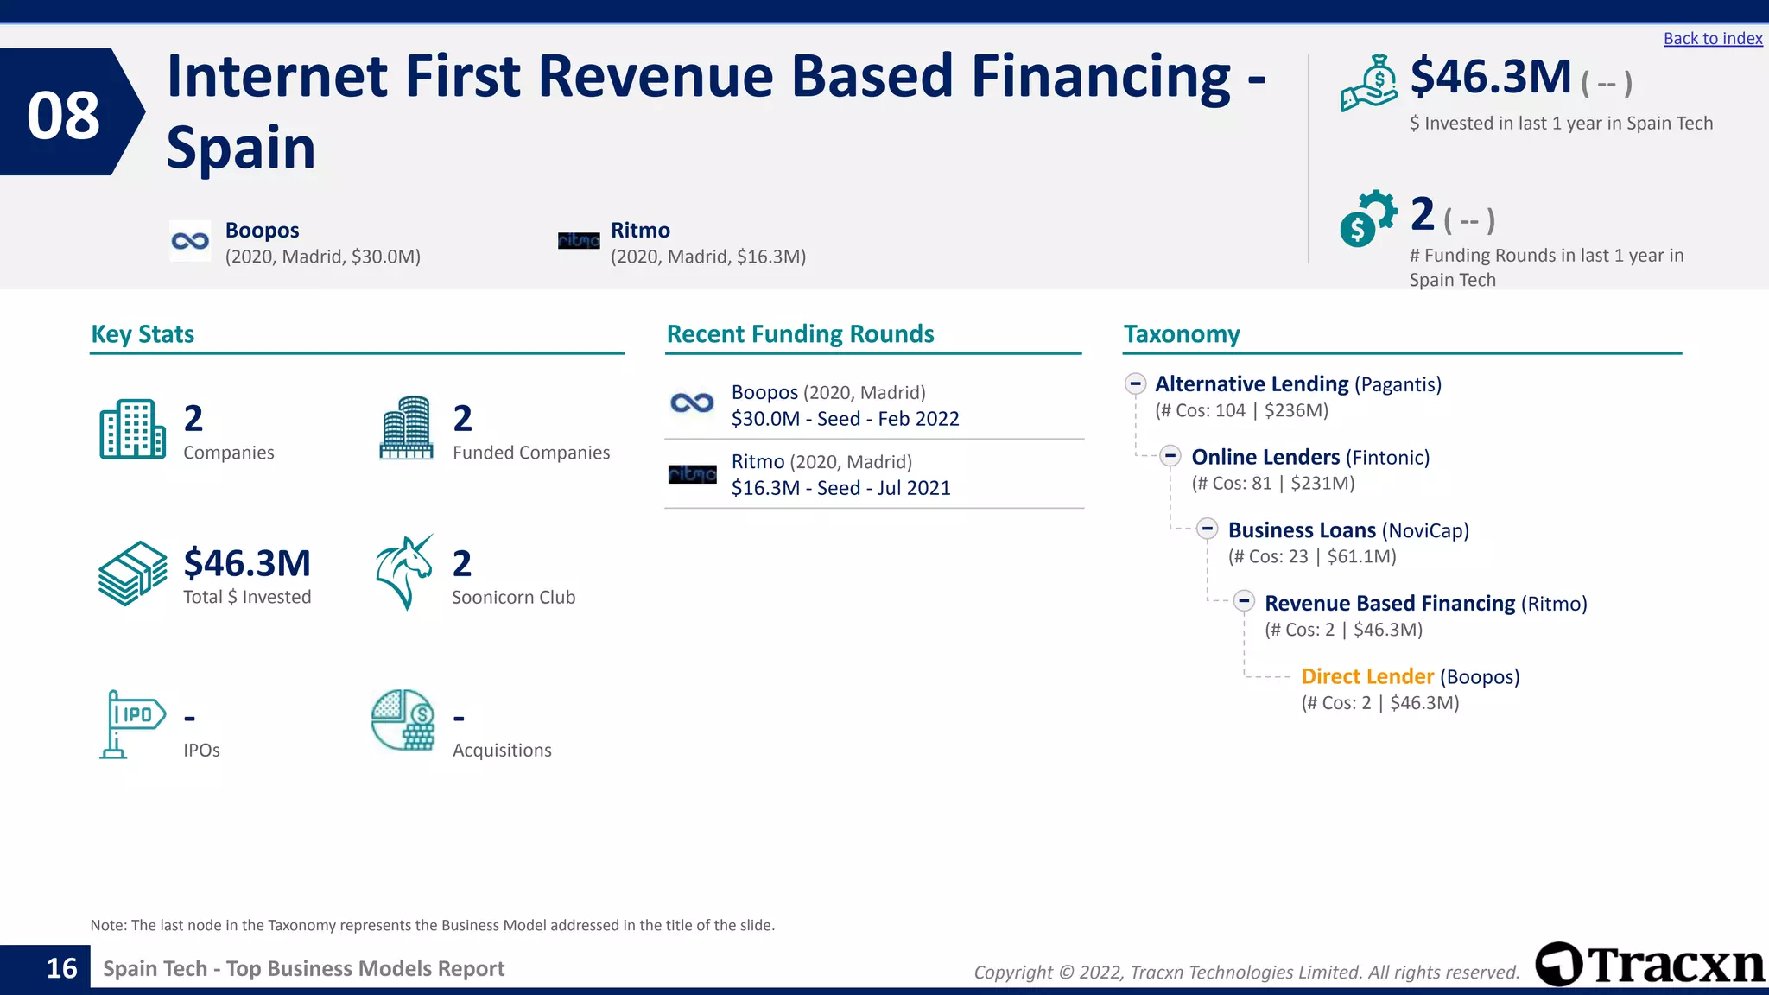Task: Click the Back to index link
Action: click(1712, 39)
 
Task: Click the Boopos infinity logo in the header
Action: click(190, 241)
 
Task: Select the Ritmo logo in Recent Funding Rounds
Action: click(692, 474)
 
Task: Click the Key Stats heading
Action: click(143, 334)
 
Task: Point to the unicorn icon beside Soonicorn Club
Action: click(404, 572)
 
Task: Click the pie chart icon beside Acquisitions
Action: click(403, 719)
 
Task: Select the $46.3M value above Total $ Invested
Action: click(247, 563)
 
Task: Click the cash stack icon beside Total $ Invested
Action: click(131, 574)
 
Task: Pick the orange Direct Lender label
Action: click(1366, 676)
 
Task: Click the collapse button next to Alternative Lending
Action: click(1135, 383)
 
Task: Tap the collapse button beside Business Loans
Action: click(1208, 529)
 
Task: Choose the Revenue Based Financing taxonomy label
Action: click(1389, 603)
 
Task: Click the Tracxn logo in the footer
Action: click(1650, 964)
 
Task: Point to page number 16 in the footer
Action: click(61, 968)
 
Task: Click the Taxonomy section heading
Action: click(1181, 334)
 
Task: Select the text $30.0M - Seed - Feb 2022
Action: click(845, 419)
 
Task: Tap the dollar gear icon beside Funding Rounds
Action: click(1367, 219)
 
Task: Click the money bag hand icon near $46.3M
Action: click(1369, 84)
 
